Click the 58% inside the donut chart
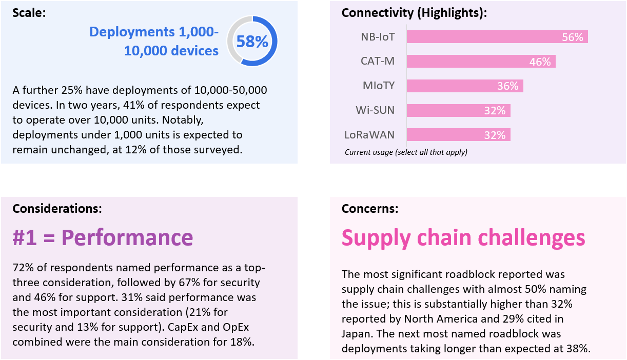coord(252,42)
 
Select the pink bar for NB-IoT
coord(497,37)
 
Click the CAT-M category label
coord(378,62)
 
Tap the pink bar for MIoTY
coord(464,86)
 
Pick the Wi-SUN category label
coord(375,110)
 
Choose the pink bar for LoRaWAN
coord(458,135)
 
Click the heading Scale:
coord(29,13)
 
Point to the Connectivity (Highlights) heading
coord(414,13)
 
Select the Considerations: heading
coord(57,208)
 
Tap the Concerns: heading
coord(370,209)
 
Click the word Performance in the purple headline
coord(127,237)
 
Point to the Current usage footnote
coord(406,152)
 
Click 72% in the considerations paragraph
coord(23,269)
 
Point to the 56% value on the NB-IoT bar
coord(572,37)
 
